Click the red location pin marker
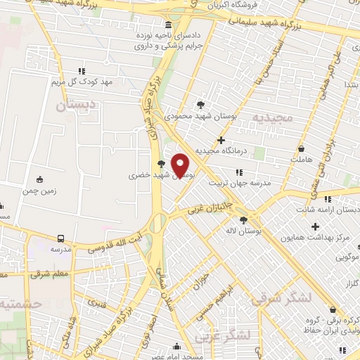[x=181, y=165]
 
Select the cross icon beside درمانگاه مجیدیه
[x=221, y=141]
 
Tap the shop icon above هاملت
[x=302, y=150]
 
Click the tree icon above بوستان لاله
[x=243, y=219]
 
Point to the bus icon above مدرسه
[x=60, y=239]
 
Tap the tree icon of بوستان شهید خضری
[x=162, y=163]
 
